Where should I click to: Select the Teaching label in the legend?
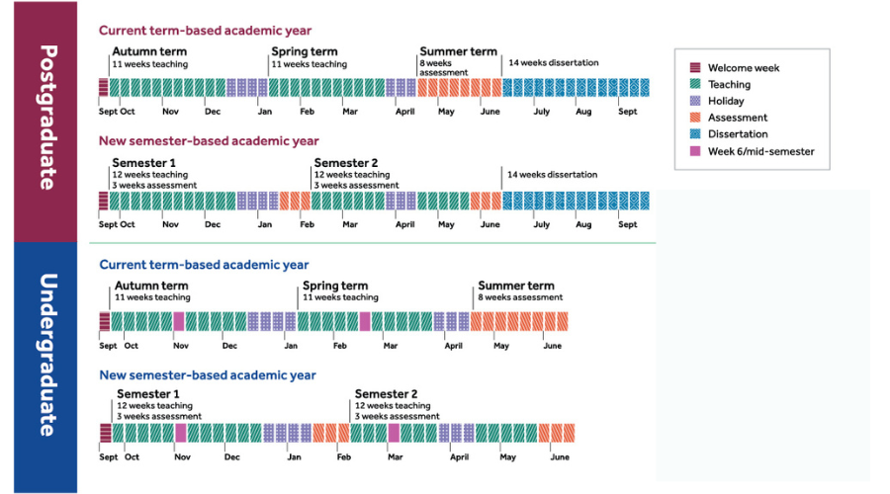tap(729, 85)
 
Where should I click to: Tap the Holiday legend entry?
tap(726, 101)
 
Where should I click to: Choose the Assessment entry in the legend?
tap(737, 118)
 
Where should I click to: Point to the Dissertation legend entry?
tap(738, 134)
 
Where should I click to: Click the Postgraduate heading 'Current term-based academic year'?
tap(205, 31)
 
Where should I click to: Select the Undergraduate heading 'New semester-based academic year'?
tap(208, 375)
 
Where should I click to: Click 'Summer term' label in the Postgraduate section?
tap(458, 52)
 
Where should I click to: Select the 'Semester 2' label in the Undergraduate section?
tap(386, 394)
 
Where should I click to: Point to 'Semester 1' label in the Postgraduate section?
tap(144, 163)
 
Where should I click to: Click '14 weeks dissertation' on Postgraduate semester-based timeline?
tap(553, 175)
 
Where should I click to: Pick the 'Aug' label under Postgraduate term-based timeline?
tap(583, 113)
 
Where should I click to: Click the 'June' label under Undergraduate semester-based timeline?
tap(560, 457)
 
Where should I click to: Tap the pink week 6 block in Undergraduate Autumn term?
tap(179, 321)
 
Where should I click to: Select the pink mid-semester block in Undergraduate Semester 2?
tap(394, 433)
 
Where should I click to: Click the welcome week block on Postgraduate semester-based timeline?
tap(104, 201)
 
